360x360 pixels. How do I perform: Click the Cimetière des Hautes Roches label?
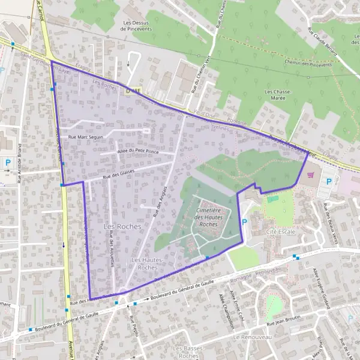pyautogui.click(x=208, y=217)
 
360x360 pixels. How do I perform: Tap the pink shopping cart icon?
pyautogui.click(x=310, y=175)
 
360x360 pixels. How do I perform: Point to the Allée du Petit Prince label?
pyautogui.click(x=138, y=152)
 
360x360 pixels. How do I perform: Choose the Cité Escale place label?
pyautogui.click(x=281, y=232)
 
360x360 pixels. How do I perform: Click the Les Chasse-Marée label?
pyautogui.click(x=278, y=96)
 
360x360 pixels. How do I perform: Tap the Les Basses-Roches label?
pyautogui.click(x=188, y=352)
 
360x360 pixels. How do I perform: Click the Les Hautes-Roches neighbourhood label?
pyautogui.click(x=144, y=263)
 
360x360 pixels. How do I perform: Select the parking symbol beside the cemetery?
pyautogui.click(x=244, y=222)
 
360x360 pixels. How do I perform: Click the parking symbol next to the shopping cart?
pyautogui.click(x=328, y=181)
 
